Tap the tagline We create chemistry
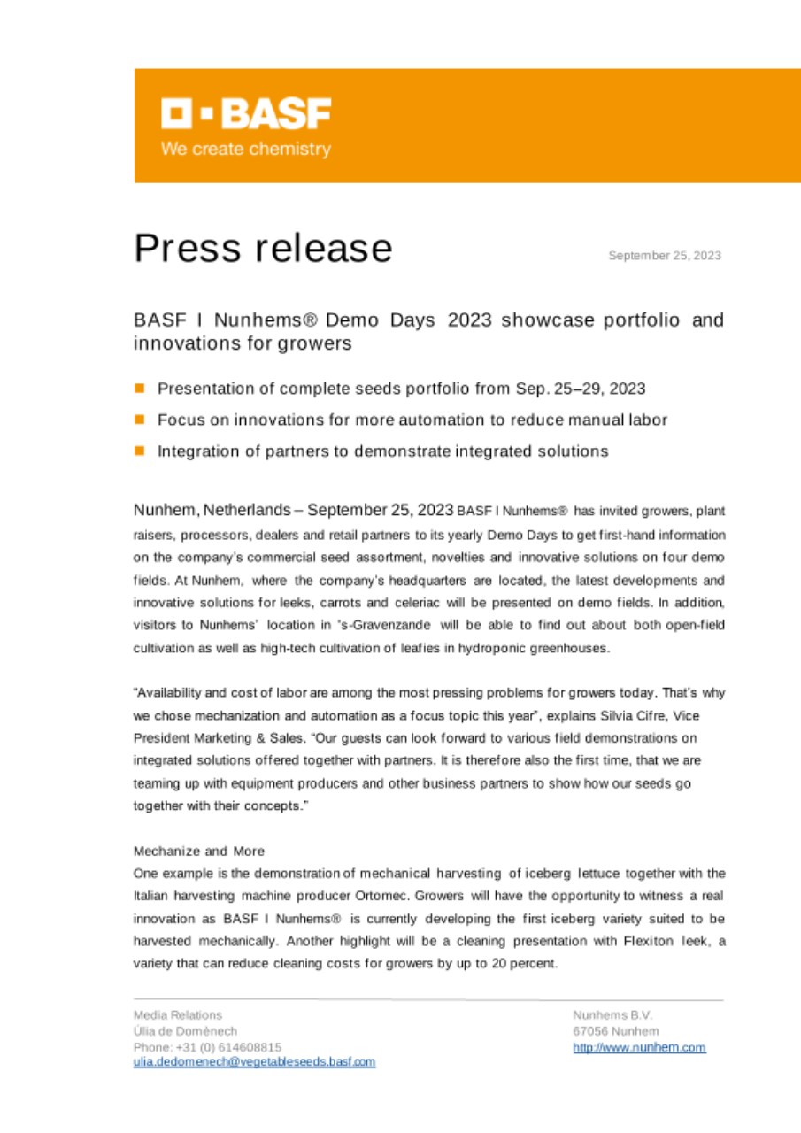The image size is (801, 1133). coord(245,150)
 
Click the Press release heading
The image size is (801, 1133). coord(263,249)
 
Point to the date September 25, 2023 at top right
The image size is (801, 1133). coord(664,256)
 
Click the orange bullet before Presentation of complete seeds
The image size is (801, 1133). coord(140,389)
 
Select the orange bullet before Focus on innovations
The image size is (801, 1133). coord(140,420)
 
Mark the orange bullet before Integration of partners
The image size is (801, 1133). coord(140,451)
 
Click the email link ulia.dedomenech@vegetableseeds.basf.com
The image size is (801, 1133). coord(254,1062)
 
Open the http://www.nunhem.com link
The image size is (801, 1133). coord(639,1047)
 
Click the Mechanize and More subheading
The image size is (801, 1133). coord(198,852)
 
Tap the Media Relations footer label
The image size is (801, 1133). coord(177,1015)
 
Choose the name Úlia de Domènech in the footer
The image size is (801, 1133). coord(185,1031)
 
